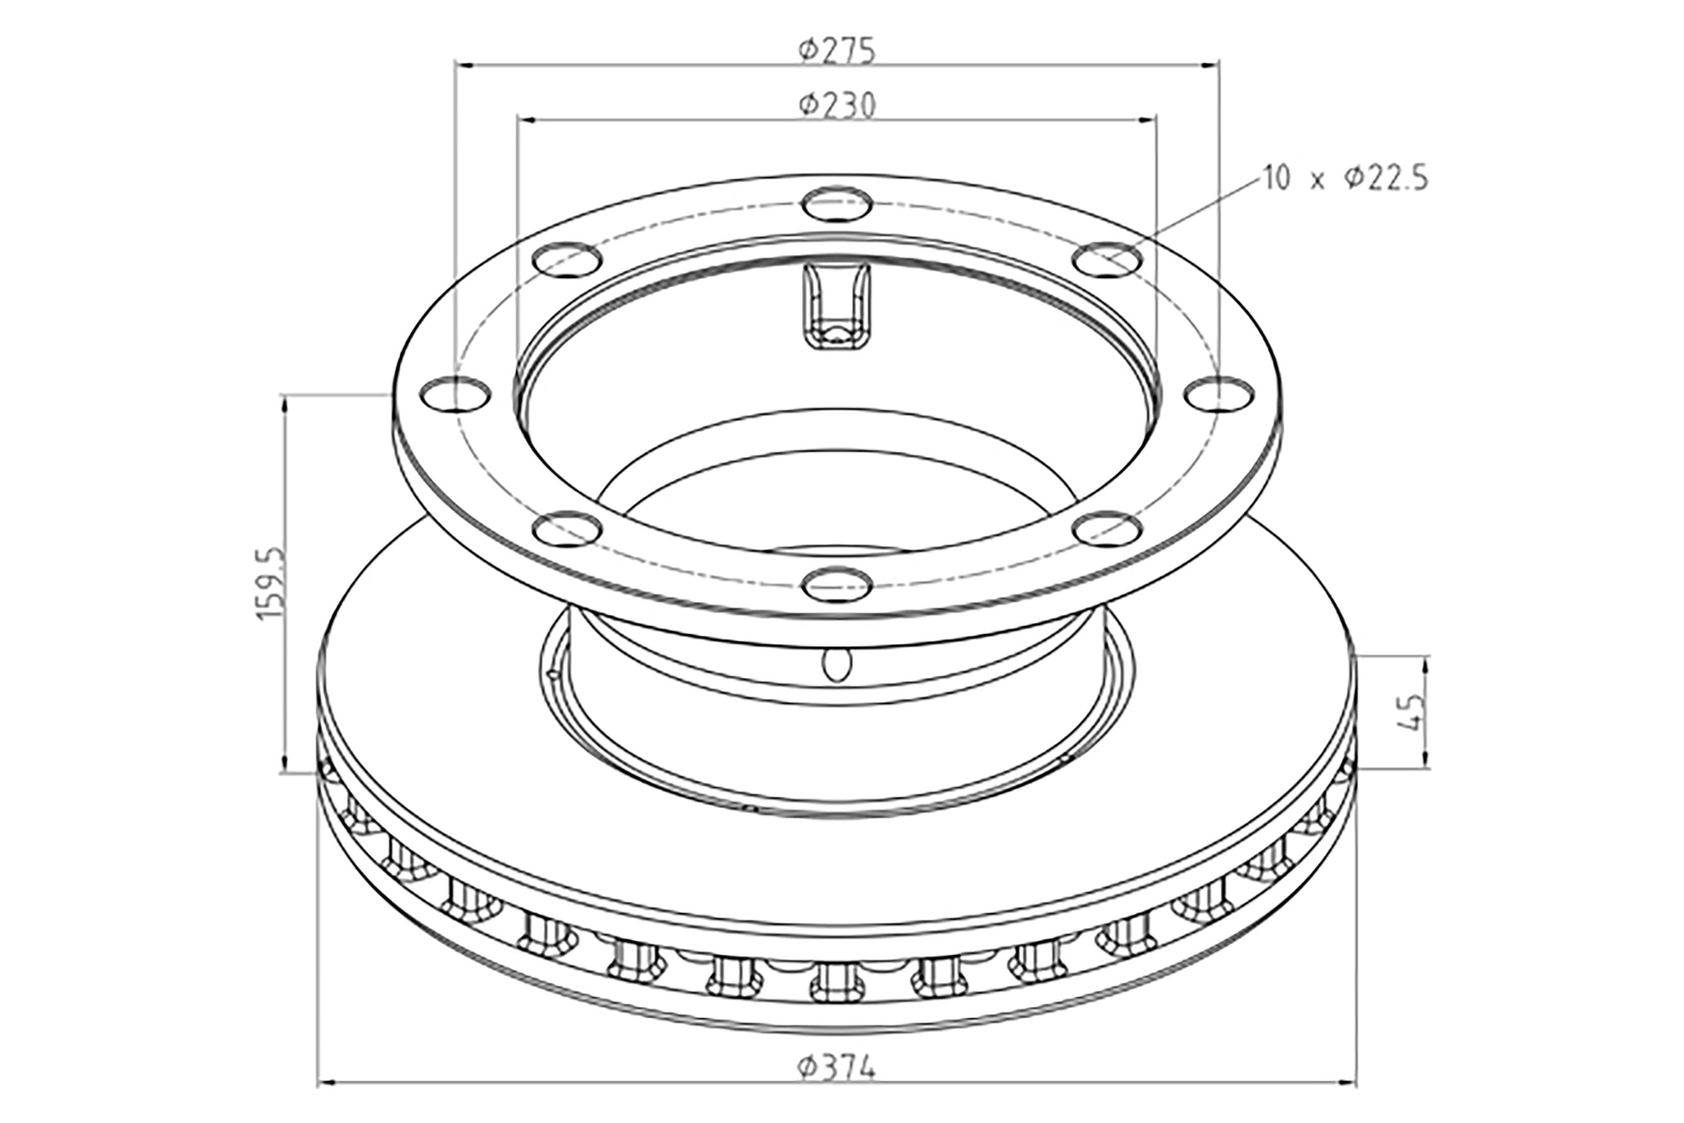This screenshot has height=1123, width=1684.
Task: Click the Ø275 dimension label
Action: click(x=837, y=51)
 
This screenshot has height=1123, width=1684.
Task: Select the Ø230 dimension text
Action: click(x=837, y=105)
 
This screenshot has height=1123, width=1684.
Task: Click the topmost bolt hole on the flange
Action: click(x=837, y=205)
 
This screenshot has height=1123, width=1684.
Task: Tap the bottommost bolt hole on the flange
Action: click(x=837, y=584)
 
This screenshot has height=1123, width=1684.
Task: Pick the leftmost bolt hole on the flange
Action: click(x=455, y=394)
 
